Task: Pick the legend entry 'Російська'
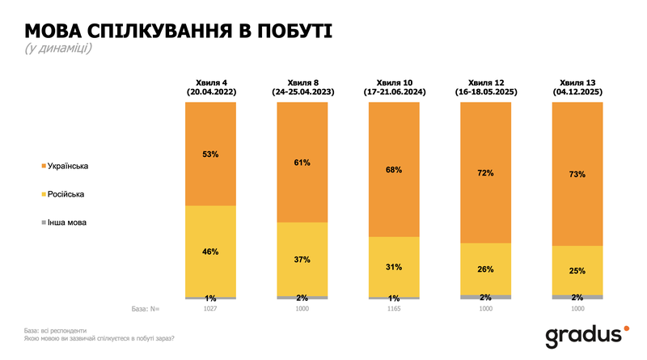click(66, 194)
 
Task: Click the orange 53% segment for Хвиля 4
click(210, 154)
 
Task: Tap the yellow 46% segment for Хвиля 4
click(210, 252)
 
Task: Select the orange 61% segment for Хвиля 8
click(302, 162)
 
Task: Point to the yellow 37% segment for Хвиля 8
click(302, 259)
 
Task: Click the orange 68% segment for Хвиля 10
click(394, 170)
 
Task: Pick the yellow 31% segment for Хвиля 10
click(394, 266)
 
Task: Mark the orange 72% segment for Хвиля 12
click(485, 173)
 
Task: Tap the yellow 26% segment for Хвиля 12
click(485, 269)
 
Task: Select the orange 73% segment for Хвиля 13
click(577, 174)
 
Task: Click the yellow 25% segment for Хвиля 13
click(577, 270)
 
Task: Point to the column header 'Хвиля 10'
click(394, 83)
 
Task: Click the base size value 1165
click(394, 308)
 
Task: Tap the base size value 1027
click(210, 308)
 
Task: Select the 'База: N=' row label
click(146, 308)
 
